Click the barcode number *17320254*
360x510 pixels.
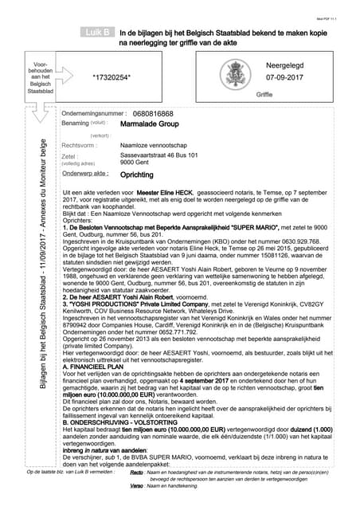112,76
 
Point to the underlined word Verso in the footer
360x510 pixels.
136,485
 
